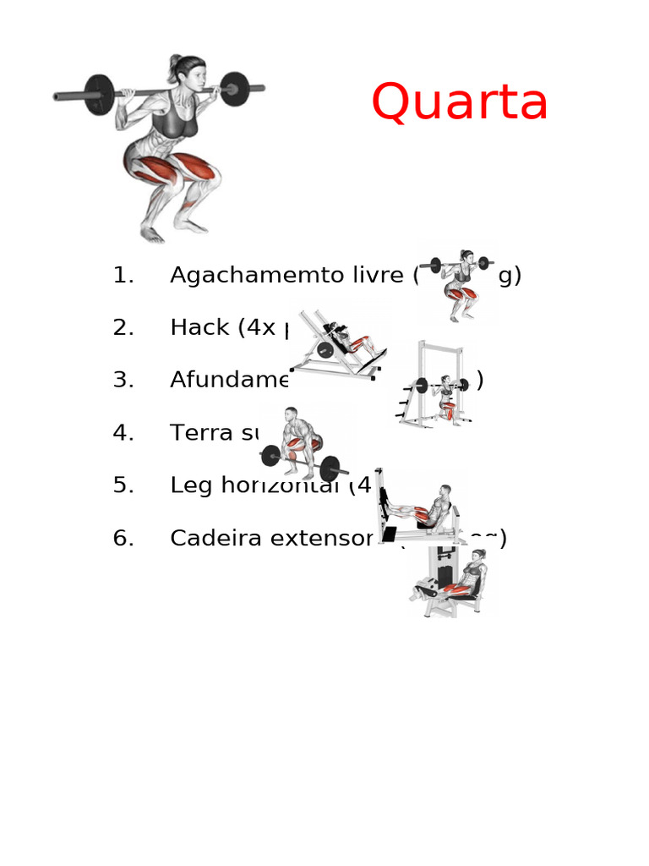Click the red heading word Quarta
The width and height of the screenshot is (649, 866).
pos(460,103)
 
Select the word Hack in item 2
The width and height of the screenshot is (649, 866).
pos(196,328)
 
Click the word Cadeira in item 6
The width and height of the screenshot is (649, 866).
pos(216,539)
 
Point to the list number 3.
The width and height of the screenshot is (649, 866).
pos(123,381)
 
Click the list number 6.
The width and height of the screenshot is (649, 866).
pos(123,539)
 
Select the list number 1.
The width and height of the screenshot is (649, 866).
pos(123,276)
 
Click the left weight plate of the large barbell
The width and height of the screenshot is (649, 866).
pos(100,94)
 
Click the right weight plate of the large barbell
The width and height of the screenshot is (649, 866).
pos(234,88)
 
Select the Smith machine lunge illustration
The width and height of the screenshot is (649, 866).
pos(436,385)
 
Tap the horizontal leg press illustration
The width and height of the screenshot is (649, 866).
pos(418,507)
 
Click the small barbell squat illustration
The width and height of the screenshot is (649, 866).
pos(459,283)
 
